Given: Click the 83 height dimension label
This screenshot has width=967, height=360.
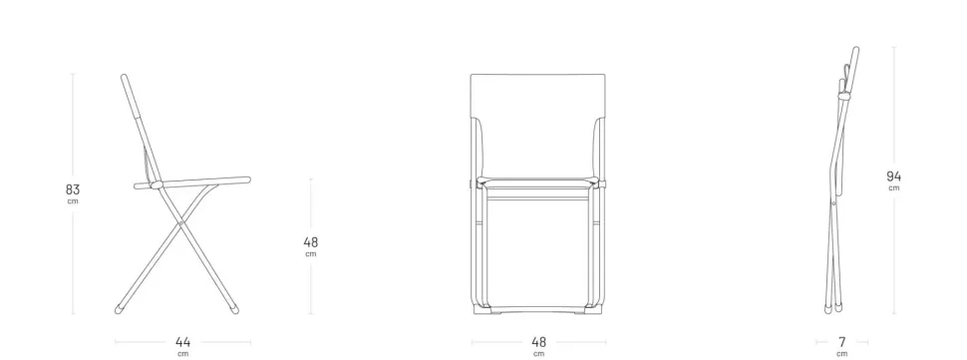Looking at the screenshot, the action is pyautogui.click(x=73, y=189).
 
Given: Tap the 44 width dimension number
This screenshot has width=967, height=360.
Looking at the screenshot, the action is pyautogui.click(x=183, y=342).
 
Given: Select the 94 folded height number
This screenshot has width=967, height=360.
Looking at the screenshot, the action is pyautogui.click(x=893, y=177).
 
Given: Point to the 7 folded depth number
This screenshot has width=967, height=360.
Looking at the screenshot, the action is pyautogui.click(x=841, y=341).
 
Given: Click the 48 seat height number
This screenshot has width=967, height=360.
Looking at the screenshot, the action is pyautogui.click(x=311, y=242).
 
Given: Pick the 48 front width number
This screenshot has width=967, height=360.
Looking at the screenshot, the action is pyautogui.click(x=538, y=342).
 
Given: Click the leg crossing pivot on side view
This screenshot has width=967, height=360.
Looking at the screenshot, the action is pyautogui.click(x=180, y=223).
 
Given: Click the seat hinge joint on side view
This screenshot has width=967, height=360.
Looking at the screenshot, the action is pyautogui.click(x=157, y=184).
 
